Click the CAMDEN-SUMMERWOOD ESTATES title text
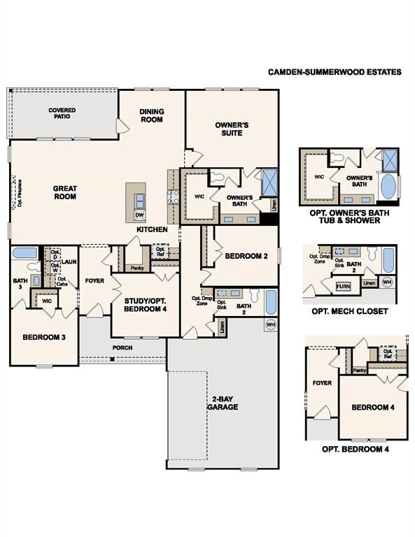[335, 71]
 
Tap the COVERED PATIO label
[62, 113]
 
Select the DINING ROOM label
[151, 115]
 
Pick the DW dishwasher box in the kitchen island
[139, 215]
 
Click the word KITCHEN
[152, 229]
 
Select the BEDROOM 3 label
[44, 337]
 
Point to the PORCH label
[122, 347]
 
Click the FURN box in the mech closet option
[343, 287]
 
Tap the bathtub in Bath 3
[25, 253]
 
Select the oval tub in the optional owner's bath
[387, 189]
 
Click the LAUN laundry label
[69, 262]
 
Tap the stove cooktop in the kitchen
[171, 197]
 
